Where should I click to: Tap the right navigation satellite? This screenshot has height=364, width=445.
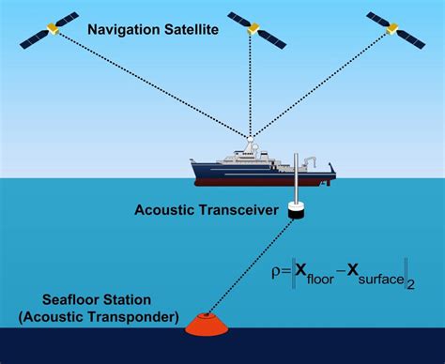click(395, 29)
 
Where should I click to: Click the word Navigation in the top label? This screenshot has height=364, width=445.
click(122, 31)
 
